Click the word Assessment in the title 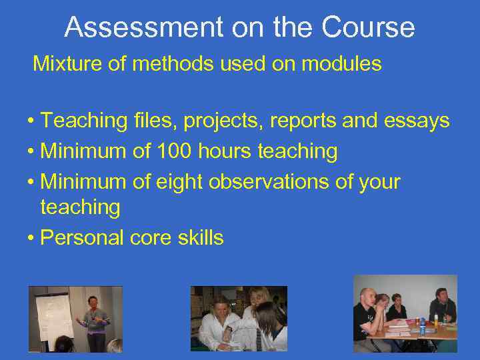coord(143,27)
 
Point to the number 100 coord(177,151)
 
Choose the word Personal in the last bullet coord(83,237)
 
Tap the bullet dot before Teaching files coord(31,122)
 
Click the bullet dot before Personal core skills coord(31,239)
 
